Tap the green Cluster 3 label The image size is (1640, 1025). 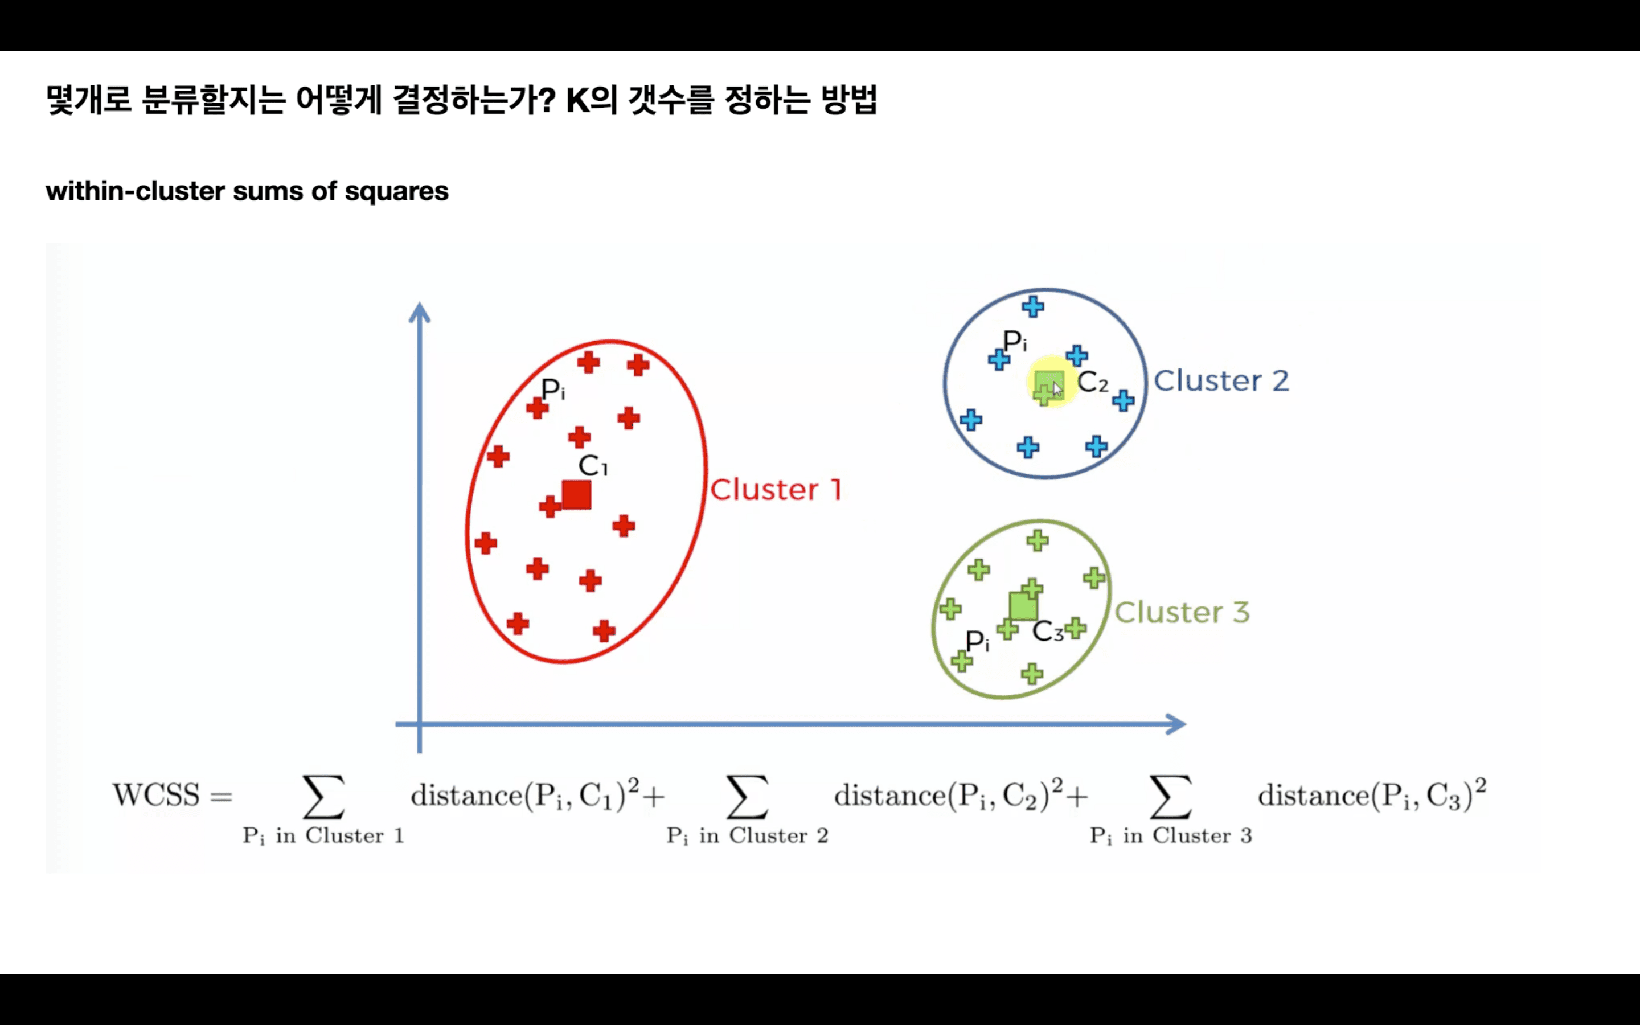click(1182, 612)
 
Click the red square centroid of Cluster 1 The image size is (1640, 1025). click(577, 495)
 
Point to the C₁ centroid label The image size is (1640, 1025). click(593, 466)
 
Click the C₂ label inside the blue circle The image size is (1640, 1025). click(1092, 382)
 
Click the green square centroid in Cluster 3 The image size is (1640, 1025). click(1023, 606)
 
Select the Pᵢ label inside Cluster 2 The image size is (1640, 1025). click(1015, 341)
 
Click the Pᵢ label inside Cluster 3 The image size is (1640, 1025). click(977, 641)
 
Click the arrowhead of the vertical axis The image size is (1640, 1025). click(420, 313)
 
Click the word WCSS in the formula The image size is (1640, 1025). click(156, 795)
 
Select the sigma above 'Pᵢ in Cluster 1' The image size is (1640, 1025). click(323, 797)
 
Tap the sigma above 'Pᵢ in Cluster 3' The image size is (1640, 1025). click(1170, 797)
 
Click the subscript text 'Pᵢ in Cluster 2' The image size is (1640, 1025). click(747, 836)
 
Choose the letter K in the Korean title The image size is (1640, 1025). click(578, 100)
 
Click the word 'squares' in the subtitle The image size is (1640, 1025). click(396, 191)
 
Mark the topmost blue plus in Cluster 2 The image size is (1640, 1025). click(1033, 307)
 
